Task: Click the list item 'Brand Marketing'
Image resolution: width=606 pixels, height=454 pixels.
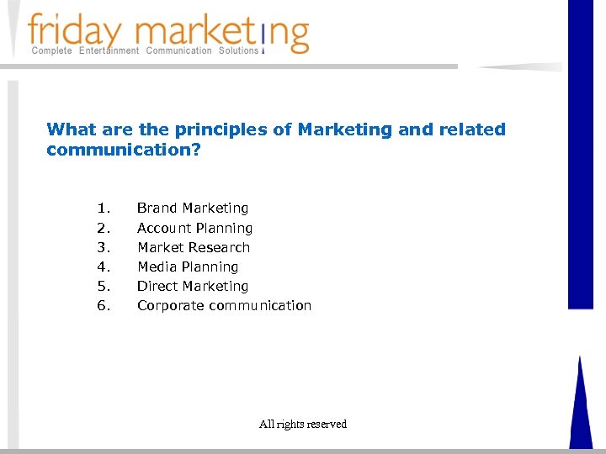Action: coord(193,208)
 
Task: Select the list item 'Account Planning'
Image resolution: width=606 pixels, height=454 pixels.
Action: coord(194,228)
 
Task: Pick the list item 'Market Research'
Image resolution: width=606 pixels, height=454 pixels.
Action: coord(194,247)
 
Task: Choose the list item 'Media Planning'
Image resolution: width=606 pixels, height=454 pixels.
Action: coord(188,267)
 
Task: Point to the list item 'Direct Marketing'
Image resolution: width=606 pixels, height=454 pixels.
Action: coord(193,286)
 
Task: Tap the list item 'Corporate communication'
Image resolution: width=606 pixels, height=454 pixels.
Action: coord(224,305)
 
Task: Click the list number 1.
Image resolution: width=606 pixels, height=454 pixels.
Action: coord(103,208)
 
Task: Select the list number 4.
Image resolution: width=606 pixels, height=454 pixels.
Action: coord(103,267)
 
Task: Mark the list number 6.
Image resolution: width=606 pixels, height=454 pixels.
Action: coord(103,305)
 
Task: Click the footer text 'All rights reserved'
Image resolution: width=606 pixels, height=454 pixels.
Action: coord(303,425)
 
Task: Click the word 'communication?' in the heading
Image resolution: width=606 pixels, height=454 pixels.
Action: coord(124,150)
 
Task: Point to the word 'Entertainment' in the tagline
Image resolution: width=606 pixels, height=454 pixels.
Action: coord(109,51)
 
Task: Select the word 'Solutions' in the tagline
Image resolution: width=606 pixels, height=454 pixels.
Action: coord(238,51)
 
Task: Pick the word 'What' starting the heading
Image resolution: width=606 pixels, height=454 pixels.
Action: coord(66,129)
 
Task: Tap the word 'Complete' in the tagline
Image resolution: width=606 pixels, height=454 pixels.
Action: coord(52,51)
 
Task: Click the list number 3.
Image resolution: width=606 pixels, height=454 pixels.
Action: coord(103,247)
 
